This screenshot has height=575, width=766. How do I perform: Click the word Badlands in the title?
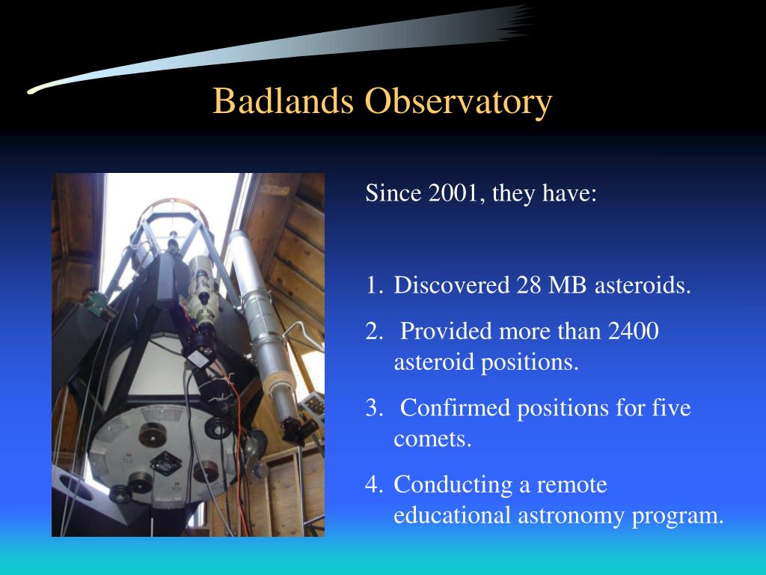(x=283, y=101)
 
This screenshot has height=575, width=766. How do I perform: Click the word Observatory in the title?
(x=459, y=102)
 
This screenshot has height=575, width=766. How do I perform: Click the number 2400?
(x=634, y=331)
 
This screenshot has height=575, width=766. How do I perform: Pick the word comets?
(x=432, y=439)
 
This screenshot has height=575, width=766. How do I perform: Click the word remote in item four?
(x=572, y=485)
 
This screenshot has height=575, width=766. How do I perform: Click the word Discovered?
(x=451, y=285)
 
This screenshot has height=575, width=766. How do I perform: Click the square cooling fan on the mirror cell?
(x=165, y=463)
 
